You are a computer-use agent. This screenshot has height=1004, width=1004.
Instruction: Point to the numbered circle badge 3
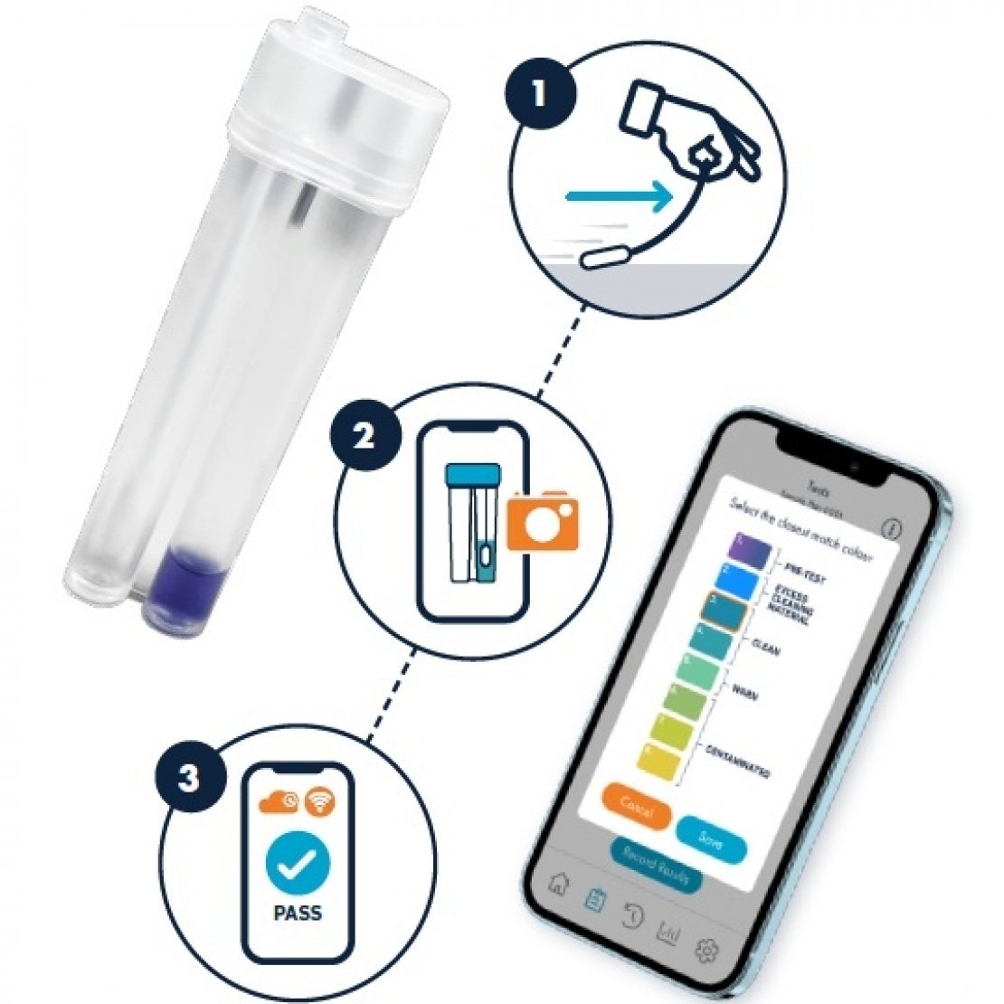[188, 777]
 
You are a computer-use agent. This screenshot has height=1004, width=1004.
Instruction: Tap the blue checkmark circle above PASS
[298, 865]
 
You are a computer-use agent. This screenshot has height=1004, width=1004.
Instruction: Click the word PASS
[298, 913]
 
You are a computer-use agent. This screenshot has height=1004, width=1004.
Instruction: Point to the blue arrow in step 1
[618, 194]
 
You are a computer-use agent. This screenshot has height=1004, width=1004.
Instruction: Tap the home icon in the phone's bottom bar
[559, 884]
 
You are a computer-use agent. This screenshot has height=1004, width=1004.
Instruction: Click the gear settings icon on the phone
[706, 950]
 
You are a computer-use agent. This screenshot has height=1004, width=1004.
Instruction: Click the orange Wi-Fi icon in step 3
[316, 800]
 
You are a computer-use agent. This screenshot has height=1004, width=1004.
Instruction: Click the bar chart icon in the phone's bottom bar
[668, 931]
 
